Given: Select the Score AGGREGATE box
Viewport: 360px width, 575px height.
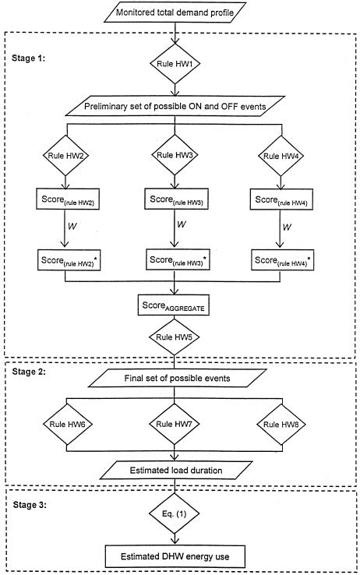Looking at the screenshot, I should coord(180,303).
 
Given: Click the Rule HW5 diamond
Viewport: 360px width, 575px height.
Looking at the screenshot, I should coord(180,337).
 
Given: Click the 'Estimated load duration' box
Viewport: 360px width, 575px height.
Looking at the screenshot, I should coord(180,471).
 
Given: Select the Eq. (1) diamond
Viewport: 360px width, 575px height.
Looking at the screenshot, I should coord(180,515).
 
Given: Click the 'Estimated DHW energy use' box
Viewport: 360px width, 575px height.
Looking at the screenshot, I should coord(180,556).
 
